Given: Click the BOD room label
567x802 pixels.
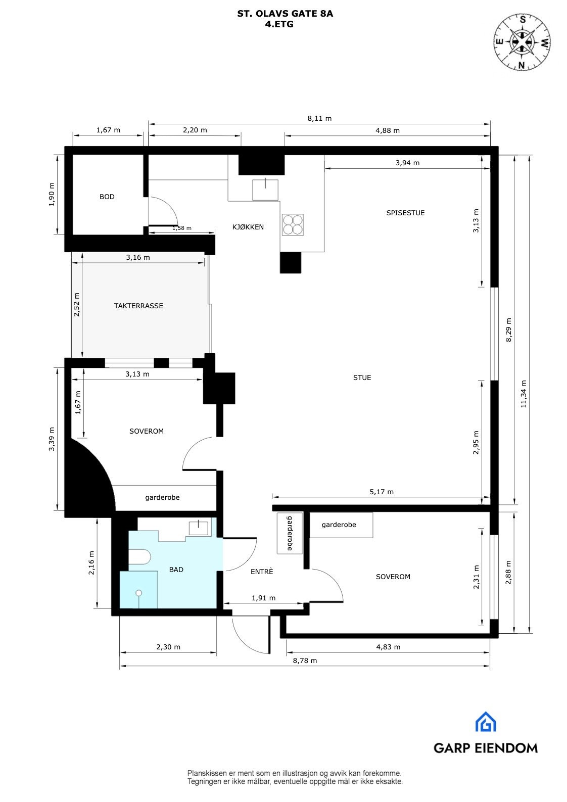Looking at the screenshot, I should click(x=107, y=197).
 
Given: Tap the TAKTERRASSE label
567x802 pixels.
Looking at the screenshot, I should click(x=138, y=306).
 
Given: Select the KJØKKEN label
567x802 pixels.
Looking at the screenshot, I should click(x=248, y=227).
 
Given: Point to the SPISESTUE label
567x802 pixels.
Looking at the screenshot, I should click(x=405, y=213).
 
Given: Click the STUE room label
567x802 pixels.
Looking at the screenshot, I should click(x=362, y=378).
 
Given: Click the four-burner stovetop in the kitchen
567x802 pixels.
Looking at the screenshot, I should click(x=293, y=224).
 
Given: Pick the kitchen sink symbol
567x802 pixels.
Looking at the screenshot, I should click(x=265, y=190).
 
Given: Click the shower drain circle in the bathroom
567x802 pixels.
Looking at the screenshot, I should click(x=138, y=593).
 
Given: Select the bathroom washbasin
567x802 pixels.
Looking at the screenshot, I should click(x=199, y=528).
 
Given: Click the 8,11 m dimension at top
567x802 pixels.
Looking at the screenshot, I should click(x=319, y=118).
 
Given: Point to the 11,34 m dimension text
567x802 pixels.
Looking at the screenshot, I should click(x=524, y=394).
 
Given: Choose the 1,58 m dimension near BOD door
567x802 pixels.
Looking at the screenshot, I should click(x=182, y=228).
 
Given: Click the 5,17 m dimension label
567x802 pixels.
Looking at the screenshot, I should click(x=382, y=491).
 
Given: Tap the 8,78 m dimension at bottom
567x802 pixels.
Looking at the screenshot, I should click(x=305, y=661).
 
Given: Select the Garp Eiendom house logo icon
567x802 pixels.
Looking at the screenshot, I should click(x=485, y=722).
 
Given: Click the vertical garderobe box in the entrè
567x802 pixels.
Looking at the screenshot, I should click(x=290, y=533).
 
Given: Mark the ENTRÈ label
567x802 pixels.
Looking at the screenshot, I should click(x=262, y=572).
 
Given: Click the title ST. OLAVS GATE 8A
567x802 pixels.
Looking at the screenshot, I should click(x=285, y=14).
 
